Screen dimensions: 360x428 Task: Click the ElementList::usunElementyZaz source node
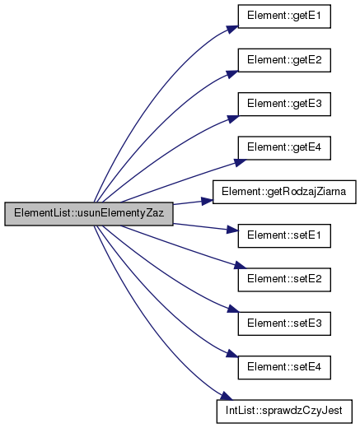point(89,214)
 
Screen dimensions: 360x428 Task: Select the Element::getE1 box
point(284,16)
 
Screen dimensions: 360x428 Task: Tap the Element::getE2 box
point(284,60)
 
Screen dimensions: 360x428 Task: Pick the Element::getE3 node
point(284,105)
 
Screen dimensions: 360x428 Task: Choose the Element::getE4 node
point(284,148)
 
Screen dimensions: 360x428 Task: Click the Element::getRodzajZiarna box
point(284,192)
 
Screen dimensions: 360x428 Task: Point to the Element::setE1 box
point(284,236)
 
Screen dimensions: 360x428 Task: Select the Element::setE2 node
point(284,280)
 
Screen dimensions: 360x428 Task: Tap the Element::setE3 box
point(284,323)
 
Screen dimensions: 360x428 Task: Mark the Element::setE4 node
point(284,368)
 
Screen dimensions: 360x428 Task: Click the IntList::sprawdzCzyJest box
point(284,412)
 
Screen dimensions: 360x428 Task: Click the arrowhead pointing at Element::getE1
point(232,30)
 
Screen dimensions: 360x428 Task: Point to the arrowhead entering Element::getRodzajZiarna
point(208,201)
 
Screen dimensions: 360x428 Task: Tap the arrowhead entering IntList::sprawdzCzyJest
point(227,396)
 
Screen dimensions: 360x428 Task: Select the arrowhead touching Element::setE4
point(232,354)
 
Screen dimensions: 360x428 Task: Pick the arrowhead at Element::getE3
point(233,119)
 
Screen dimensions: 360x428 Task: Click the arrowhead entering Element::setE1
point(232,230)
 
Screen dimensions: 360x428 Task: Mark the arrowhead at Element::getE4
point(240,162)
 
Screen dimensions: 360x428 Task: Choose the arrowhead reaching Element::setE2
point(240,265)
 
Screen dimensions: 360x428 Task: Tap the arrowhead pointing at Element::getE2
point(232,74)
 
